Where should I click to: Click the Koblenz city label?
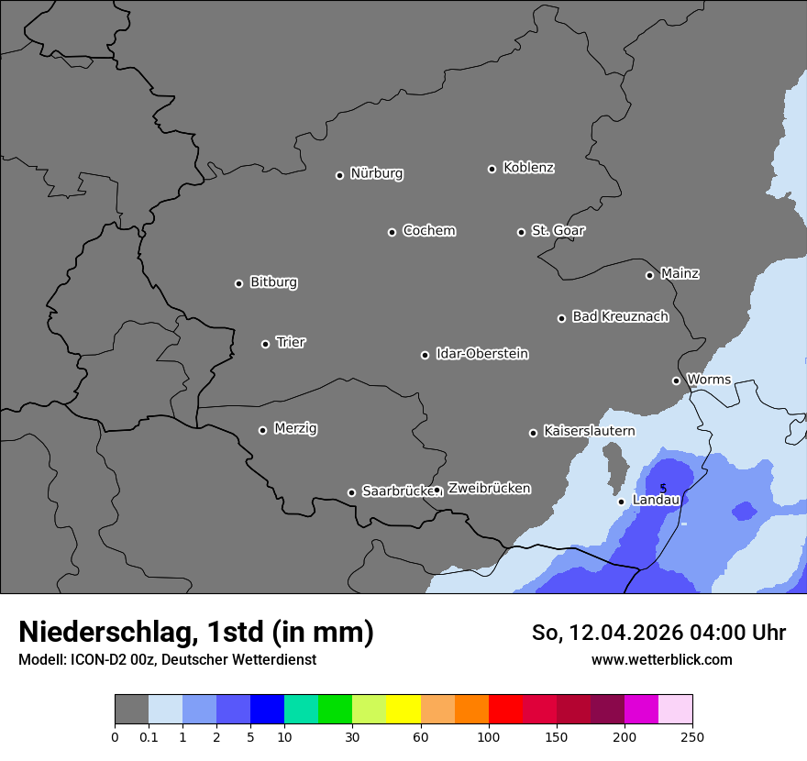coord(528,168)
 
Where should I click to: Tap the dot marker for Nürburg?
coord(339,175)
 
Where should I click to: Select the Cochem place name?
coord(428,231)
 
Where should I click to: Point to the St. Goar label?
coord(558,231)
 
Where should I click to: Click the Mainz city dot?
coord(649,275)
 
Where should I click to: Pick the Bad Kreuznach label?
coord(620,316)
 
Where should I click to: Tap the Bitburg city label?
coord(273,282)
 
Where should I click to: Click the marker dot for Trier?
coord(266,344)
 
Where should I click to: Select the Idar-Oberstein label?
coord(481,354)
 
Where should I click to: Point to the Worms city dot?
coord(676,380)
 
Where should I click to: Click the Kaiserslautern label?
coord(589,431)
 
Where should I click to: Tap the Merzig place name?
coord(295,428)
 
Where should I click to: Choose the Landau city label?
coord(656,500)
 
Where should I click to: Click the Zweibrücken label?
coord(489,489)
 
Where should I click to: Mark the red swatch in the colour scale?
coord(505,710)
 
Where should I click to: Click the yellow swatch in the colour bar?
coord(403,710)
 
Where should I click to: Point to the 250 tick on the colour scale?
coord(692,736)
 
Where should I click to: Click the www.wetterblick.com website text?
coord(661,659)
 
